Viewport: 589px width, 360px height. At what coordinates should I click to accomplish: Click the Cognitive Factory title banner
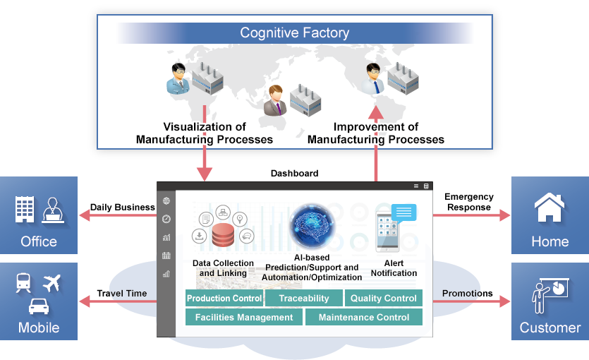[x=294, y=32]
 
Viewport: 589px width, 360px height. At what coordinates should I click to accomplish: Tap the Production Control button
[x=224, y=299]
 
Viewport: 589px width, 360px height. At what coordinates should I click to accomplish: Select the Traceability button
[x=304, y=299]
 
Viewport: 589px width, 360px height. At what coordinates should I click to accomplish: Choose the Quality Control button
[x=384, y=299]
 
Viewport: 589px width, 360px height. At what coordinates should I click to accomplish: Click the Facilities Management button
[x=244, y=318]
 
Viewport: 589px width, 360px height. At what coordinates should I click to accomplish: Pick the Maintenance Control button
[x=364, y=318]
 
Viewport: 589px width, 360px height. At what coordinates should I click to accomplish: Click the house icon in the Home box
[x=549, y=209]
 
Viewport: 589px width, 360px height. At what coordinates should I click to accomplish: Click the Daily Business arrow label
[x=122, y=208]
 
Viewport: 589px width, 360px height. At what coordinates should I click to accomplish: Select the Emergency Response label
[x=469, y=202]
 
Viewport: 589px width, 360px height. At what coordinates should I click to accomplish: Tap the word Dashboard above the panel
[x=294, y=174]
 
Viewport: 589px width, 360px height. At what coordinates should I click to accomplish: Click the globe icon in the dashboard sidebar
[x=166, y=201]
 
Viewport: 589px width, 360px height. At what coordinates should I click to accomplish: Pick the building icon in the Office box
[x=25, y=210]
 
